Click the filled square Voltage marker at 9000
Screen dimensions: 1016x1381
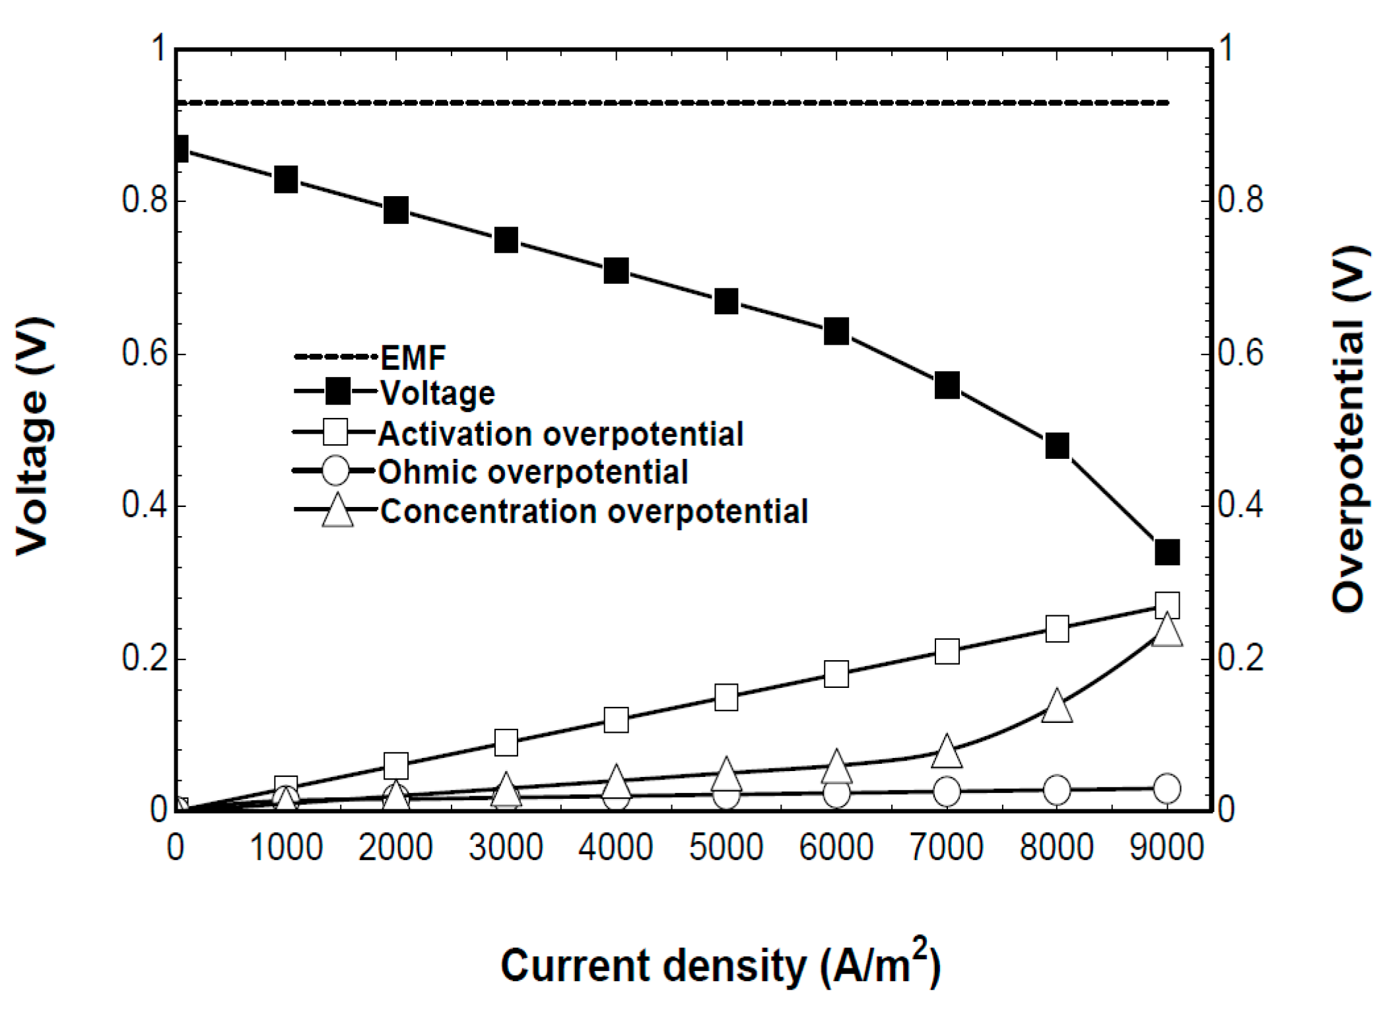[x=1167, y=552]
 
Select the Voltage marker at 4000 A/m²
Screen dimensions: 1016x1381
[x=616, y=271]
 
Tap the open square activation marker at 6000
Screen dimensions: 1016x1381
[x=836, y=675]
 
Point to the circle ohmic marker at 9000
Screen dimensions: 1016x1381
[x=1167, y=788]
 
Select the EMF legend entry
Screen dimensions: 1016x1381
[x=413, y=358]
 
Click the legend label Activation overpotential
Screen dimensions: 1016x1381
[x=560, y=434]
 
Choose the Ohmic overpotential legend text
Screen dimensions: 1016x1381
[x=533, y=472]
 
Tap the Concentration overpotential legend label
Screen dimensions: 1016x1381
[x=593, y=512]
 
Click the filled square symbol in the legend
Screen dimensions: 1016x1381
[x=338, y=393]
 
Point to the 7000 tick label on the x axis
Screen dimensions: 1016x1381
[x=947, y=847]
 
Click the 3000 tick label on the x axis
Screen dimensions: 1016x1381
[x=506, y=847]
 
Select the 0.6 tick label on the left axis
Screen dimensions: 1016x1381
[x=144, y=353]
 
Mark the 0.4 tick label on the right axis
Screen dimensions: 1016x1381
[x=1240, y=506]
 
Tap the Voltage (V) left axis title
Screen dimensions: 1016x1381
[x=33, y=436]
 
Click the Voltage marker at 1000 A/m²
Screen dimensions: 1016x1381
[x=286, y=179]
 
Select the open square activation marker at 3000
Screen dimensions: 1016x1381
[x=506, y=742]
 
